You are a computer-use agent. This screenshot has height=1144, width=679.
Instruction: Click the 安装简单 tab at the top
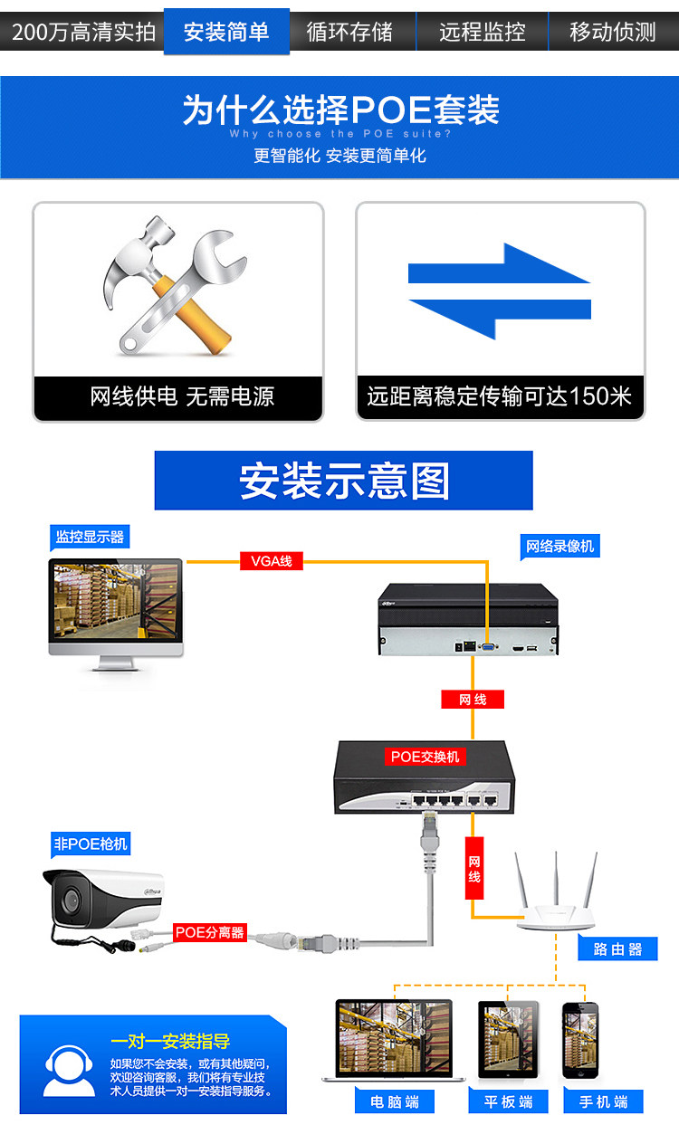point(226,33)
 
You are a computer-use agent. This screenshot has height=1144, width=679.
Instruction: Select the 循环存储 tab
point(349,33)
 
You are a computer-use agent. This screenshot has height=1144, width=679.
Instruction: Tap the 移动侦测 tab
point(613,33)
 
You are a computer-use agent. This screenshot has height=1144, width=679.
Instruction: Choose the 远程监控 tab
point(482,33)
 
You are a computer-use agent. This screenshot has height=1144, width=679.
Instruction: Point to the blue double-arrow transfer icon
point(499,291)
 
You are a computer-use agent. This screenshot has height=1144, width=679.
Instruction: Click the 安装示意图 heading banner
point(343,481)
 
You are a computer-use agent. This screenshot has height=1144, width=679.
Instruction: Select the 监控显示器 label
point(89,537)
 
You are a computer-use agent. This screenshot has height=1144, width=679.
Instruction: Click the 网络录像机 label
point(561,547)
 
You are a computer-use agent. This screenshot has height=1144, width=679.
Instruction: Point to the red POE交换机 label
point(425,757)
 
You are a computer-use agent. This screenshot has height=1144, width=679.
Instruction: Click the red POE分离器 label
point(210,932)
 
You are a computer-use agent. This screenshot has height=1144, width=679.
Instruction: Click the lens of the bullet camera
point(68,899)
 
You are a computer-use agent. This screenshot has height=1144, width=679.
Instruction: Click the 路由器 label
point(617,949)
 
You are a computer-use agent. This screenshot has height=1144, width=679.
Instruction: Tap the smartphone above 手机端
point(580,1039)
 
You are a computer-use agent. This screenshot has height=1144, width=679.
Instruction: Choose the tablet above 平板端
point(507,1039)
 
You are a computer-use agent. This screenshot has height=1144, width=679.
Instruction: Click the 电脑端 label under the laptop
point(394,1101)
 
